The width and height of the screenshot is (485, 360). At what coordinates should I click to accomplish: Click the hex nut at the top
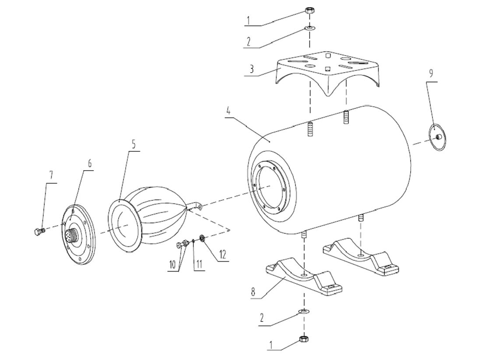308,10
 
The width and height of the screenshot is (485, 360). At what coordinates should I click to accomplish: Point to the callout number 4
228,110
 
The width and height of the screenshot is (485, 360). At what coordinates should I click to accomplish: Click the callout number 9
431,73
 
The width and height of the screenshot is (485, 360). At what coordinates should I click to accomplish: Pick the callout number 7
51,175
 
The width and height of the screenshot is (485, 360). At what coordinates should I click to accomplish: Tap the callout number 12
223,254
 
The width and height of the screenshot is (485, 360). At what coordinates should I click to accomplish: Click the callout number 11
199,264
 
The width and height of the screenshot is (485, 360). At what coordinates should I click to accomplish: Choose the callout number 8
253,292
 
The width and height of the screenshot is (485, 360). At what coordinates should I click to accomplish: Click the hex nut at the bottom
302,339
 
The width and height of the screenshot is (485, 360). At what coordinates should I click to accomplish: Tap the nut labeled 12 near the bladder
203,238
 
